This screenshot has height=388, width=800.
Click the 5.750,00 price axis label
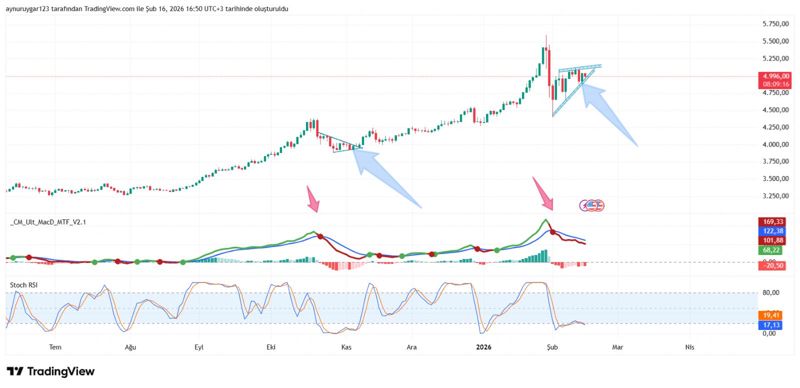click(775, 24)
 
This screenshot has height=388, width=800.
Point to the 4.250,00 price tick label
click(775, 127)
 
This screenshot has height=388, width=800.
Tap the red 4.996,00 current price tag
click(775, 76)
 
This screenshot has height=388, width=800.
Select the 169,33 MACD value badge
click(772, 221)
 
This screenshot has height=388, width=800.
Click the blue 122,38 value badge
click(772, 231)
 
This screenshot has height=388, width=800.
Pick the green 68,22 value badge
click(771, 250)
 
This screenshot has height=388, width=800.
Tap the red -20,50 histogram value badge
click(772, 265)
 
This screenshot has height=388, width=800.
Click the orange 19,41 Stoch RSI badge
click(771, 315)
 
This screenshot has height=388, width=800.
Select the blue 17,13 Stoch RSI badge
click(771, 325)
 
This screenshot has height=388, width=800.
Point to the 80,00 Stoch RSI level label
click(770, 293)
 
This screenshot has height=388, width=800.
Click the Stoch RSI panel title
click(23, 285)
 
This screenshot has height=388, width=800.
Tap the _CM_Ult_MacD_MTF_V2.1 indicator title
click(48, 222)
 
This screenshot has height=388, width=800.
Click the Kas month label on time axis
click(346, 347)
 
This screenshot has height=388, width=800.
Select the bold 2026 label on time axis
click(483, 347)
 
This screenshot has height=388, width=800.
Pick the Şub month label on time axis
click(552, 347)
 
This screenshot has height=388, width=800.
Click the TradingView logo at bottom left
click(50, 371)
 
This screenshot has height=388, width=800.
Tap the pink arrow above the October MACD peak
click(313, 199)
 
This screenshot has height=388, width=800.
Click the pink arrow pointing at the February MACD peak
click(543, 193)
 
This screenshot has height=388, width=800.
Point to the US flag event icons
click(592, 205)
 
